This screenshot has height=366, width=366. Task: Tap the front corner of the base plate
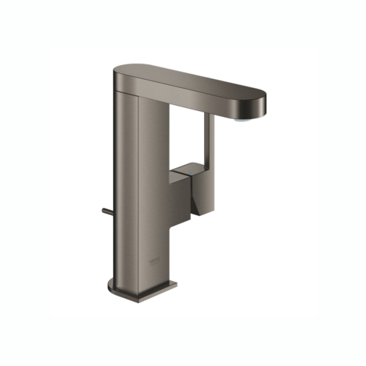175,284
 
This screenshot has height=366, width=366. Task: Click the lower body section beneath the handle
159,244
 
